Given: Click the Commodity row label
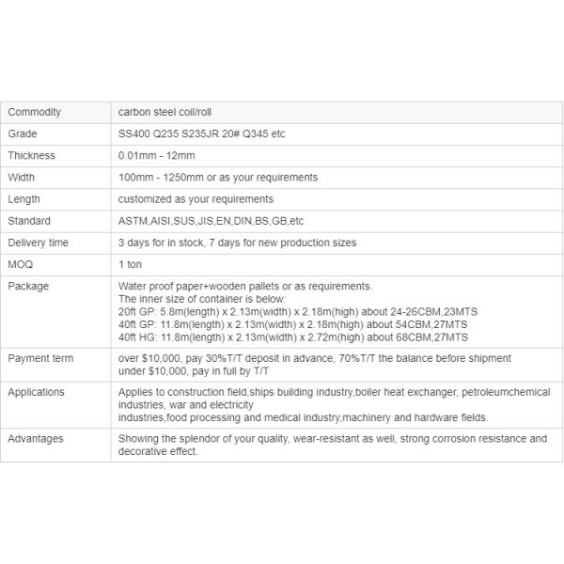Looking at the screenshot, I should tap(34, 112).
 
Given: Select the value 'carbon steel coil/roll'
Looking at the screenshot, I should tap(165, 112).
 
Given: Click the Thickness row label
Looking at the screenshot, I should tap(31, 155).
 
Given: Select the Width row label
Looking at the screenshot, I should tap(21, 177).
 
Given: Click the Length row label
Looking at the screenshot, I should tap(23, 199).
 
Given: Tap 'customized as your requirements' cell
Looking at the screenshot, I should tap(196, 199).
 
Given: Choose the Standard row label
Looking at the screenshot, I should tap(29, 221).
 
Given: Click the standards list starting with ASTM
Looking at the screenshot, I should tap(211, 221).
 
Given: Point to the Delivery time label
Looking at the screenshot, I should tap(38, 243).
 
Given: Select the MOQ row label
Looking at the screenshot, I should tap(20, 264).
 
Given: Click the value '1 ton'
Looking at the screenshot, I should tap(130, 264).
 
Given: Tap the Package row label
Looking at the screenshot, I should tap(28, 286).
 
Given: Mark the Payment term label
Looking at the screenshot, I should tap(40, 358).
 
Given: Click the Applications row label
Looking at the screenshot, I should tap(36, 392).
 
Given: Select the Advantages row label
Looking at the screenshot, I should tap(37, 438).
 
